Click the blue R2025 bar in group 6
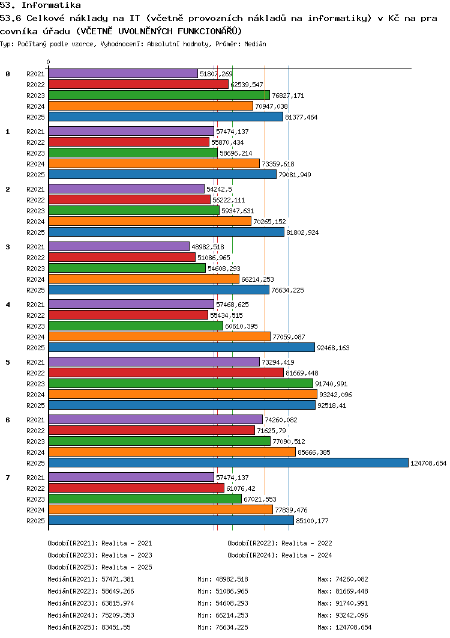coord(229,463)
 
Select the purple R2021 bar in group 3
coord(119,246)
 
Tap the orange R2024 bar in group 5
coord(183,394)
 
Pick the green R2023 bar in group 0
coord(160,95)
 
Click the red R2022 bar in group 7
coord(137,488)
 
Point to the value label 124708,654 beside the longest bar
coord(428,463)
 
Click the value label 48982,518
coord(208,247)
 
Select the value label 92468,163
coord(334,348)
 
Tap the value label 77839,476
coord(291,510)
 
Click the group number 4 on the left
coord(8,305)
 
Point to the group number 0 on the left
coord(8,74)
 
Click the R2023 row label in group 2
coord(36,211)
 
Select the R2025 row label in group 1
coord(36,175)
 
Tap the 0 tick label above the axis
coord(49,62)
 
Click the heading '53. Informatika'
coord(40,5)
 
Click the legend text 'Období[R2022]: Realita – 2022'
coord(280,543)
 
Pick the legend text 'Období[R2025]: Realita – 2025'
coord(100,567)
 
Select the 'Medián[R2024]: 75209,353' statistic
coord(91,615)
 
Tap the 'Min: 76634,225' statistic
coord(223,627)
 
